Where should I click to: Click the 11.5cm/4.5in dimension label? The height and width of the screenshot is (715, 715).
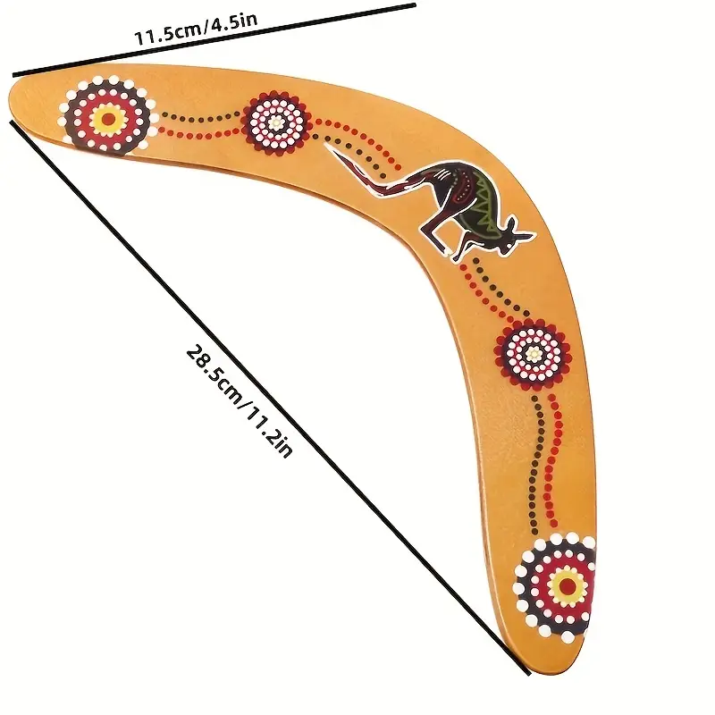(x=196, y=29)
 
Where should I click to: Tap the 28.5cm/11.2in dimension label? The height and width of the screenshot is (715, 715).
(x=239, y=401)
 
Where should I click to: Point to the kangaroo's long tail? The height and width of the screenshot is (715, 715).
(x=365, y=171)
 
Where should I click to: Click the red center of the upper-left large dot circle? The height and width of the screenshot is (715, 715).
(x=108, y=119)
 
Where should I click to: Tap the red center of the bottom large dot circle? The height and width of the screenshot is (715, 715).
(x=568, y=585)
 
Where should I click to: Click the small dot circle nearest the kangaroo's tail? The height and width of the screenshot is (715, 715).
(x=275, y=122)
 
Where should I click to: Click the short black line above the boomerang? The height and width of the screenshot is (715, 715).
(x=214, y=39)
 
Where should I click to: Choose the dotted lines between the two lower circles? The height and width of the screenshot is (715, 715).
(x=545, y=460)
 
